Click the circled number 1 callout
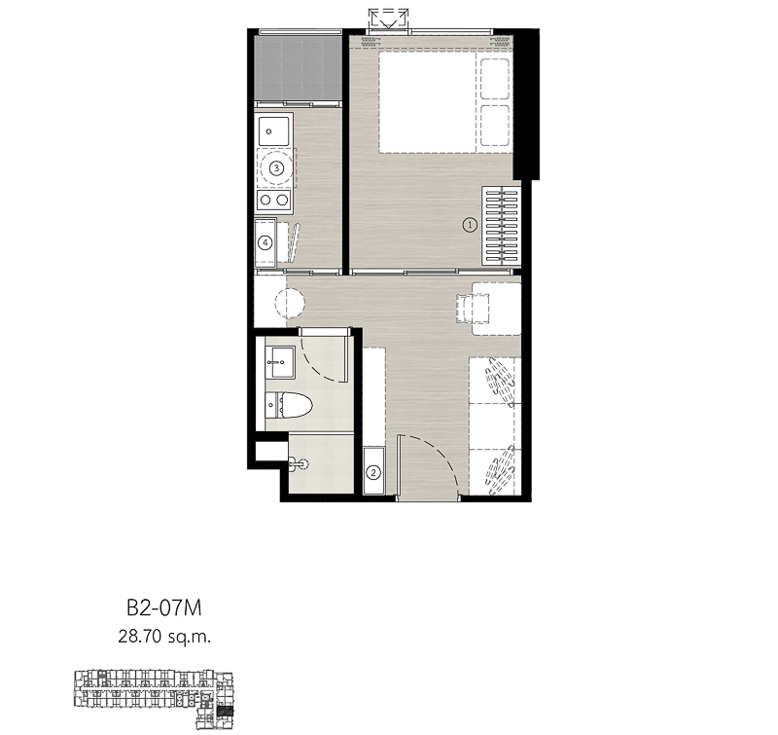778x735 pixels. (x=470, y=225)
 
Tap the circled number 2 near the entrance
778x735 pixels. (x=373, y=473)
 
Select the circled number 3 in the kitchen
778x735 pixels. (x=276, y=168)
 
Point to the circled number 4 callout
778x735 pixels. (x=265, y=242)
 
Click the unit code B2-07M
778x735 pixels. (x=164, y=607)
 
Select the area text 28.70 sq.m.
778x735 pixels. (x=164, y=636)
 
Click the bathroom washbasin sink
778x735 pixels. (x=280, y=362)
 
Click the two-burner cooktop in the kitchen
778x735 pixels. (x=274, y=201)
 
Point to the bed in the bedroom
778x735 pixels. (x=444, y=102)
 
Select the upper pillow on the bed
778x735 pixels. (x=495, y=79)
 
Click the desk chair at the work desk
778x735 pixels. (x=473, y=308)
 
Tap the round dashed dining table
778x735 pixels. (x=290, y=303)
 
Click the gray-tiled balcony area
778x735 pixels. (x=299, y=68)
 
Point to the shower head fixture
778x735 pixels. (x=300, y=464)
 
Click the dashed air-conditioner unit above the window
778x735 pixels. (x=388, y=19)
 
